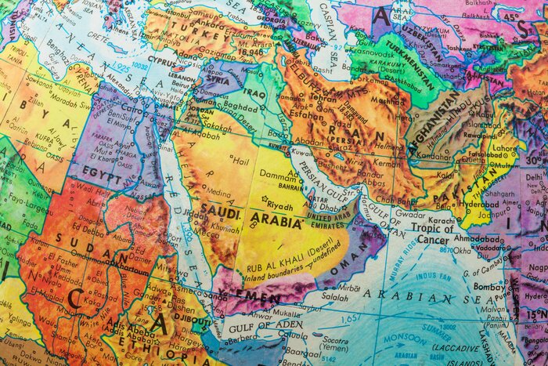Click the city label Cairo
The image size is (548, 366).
tap(128, 111)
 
